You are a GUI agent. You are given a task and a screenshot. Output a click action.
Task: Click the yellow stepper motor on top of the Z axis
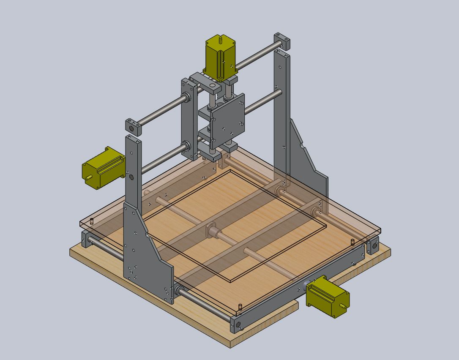pyautogui.click(x=219, y=57)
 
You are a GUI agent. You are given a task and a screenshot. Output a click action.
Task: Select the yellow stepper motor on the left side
pyautogui.click(x=103, y=168)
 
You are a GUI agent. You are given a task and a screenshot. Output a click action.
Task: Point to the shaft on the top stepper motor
pyautogui.click(x=220, y=40)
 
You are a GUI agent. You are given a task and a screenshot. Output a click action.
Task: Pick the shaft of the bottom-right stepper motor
pyautogui.click(x=346, y=305)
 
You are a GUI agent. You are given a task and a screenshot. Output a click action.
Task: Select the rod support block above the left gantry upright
pyautogui.click(x=133, y=127)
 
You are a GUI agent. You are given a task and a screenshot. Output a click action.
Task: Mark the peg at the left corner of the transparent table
pyautogui.click(x=92, y=221)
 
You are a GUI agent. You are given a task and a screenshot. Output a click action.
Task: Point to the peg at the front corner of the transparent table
pyautogui.click(x=240, y=306)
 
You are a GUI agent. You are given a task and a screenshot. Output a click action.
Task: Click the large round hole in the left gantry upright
pyautogui.click(x=131, y=177)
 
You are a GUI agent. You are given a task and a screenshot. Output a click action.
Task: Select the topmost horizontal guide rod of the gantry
pyautogui.click(x=254, y=59)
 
